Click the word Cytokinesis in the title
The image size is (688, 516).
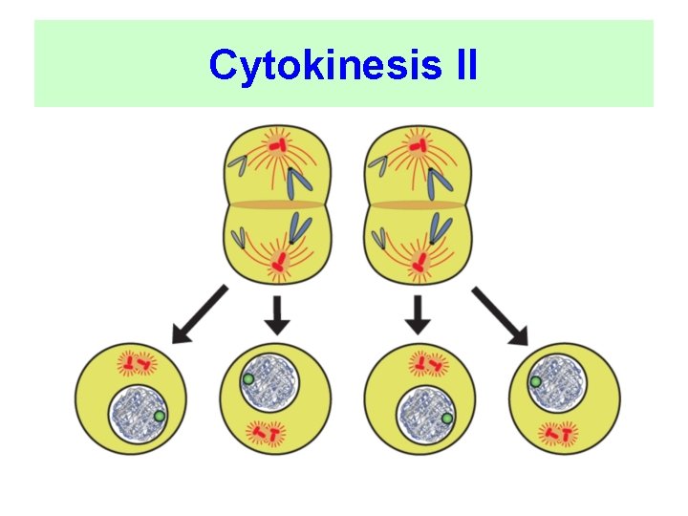click(x=314, y=67)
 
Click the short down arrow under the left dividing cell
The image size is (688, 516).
click(x=276, y=314)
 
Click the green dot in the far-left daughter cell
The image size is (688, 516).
click(x=160, y=417)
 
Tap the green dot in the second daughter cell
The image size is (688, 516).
click(x=247, y=379)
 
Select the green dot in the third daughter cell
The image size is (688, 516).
click(x=446, y=418)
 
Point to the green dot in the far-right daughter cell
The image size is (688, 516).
click(x=537, y=382)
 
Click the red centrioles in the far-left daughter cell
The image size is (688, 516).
click(x=135, y=363)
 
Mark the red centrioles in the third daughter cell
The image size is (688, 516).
click(x=427, y=363)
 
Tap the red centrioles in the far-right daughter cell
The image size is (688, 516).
click(x=558, y=435)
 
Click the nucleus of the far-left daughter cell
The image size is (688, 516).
click(x=137, y=415)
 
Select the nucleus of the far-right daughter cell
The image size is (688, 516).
click(x=558, y=381)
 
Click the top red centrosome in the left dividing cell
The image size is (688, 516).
click(x=276, y=145)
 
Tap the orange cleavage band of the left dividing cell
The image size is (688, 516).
click(x=276, y=204)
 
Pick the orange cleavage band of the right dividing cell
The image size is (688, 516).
click(x=418, y=204)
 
